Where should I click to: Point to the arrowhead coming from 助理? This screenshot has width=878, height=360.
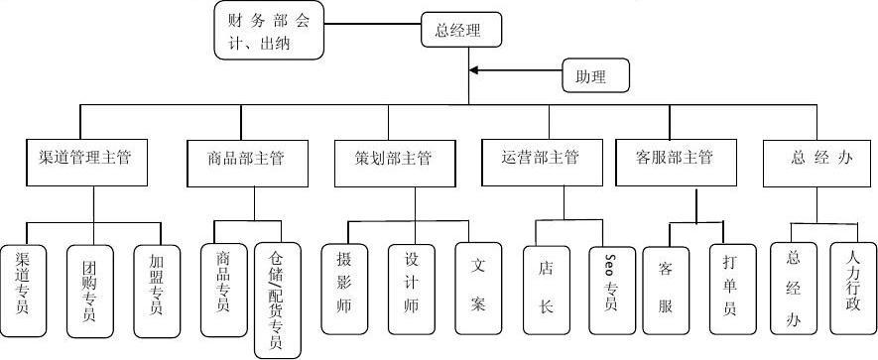tap(475, 70)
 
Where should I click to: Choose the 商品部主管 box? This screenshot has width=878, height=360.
tap(246, 159)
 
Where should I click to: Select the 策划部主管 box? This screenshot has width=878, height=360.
tap(392, 159)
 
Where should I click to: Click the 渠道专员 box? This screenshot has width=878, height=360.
tap(22, 282)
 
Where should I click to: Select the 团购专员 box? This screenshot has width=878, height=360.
tap(90, 282)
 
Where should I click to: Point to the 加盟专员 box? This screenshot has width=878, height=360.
tap(157, 282)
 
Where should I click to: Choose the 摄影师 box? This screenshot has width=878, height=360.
tap(344, 282)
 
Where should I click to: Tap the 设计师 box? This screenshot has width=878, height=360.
tap(412, 282)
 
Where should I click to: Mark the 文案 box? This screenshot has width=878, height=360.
tap(479, 284)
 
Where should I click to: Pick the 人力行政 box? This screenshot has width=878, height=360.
tap(854, 282)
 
